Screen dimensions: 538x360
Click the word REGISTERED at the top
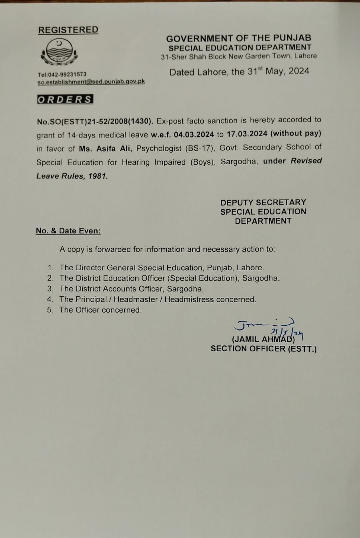click(68, 30)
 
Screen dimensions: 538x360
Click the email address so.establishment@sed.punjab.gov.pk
click(91, 82)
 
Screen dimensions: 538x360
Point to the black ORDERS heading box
click(65, 100)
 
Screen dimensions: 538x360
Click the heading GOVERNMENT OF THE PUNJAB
click(238, 38)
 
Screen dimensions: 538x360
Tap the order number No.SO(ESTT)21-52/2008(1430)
click(95, 121)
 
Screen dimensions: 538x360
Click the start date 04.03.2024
click(194, 134)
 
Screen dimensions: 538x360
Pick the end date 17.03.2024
click(247, 134)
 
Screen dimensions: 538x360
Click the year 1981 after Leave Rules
click(98, 176)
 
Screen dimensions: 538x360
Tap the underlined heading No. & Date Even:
click(68, 231)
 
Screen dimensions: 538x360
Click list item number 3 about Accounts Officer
click(131, 289)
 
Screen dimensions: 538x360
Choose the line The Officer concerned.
click(100, 310)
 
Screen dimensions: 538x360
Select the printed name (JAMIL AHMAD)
click(263, 339)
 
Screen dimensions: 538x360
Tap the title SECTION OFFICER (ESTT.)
click(264, 349)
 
